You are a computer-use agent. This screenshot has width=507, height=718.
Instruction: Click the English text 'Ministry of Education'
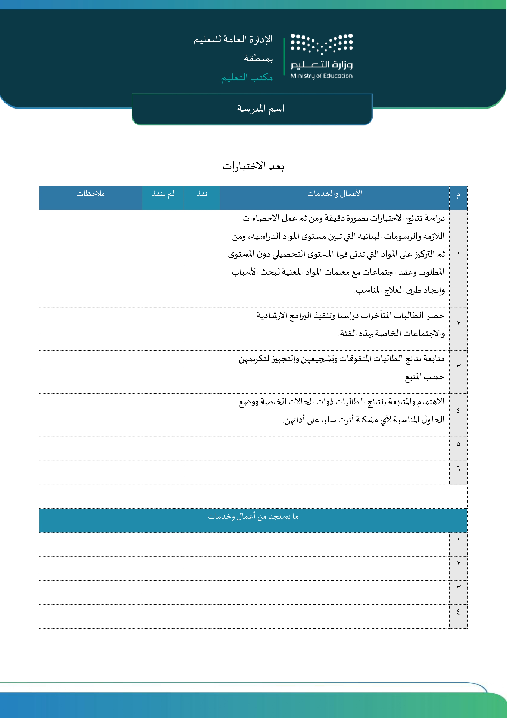click(321, 76)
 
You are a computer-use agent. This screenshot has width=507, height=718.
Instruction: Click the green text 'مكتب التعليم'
click(247, 77)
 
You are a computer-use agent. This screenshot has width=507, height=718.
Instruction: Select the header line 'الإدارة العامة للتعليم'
click(233, 40)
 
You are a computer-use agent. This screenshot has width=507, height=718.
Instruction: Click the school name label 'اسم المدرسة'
click(261, 108)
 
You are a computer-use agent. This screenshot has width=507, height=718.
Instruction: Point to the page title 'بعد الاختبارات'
click(253, 166)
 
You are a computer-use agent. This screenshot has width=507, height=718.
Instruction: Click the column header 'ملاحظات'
click(91, 194)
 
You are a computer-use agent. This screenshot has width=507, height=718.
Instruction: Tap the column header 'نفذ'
click(202, 194)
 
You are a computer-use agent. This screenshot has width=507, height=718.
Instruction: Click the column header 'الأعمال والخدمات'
click(335, 194)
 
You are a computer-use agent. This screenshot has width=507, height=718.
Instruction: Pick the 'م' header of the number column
click(458, 195)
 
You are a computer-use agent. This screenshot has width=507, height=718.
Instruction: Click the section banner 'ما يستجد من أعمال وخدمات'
click(253, 517)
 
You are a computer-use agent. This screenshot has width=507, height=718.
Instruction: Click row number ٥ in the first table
click(458, 444)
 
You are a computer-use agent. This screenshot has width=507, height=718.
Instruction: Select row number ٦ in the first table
click(458, 468)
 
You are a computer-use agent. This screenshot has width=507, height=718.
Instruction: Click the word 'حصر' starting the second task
click(436, 316)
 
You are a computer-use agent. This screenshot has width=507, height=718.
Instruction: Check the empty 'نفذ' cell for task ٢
click(202, 329)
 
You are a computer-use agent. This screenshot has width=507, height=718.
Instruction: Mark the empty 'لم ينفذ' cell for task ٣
click(163, 372)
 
